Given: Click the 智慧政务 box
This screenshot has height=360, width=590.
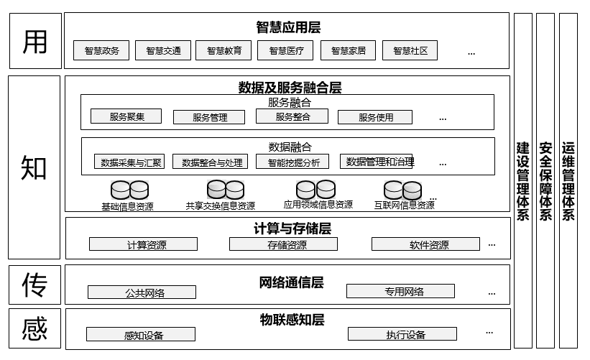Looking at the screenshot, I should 101,51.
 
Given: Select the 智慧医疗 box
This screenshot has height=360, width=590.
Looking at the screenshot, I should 286,51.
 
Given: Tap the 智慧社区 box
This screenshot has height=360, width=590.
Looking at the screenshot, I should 410,51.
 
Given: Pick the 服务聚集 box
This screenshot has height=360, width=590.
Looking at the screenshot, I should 126,116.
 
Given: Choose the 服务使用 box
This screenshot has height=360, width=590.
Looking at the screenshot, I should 375,117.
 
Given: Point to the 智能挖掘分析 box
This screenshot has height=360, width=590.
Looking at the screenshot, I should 293,162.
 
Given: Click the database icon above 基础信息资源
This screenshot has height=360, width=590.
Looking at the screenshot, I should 129,190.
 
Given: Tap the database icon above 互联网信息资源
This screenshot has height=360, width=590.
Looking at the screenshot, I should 402,190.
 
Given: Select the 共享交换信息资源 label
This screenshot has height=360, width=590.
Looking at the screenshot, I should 220,206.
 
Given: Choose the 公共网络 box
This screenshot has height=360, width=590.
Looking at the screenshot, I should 142,292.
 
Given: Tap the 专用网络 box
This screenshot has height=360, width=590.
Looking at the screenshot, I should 400,291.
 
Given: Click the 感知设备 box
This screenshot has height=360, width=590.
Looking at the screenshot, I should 141,335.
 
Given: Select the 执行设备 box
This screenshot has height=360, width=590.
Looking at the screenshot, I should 402,334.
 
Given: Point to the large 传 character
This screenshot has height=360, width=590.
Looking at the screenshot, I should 34,285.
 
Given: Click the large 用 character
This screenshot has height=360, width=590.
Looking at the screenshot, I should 34,41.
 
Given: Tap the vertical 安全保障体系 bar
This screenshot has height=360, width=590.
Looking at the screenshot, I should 545,180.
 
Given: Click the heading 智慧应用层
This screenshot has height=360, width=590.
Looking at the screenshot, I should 287,28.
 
